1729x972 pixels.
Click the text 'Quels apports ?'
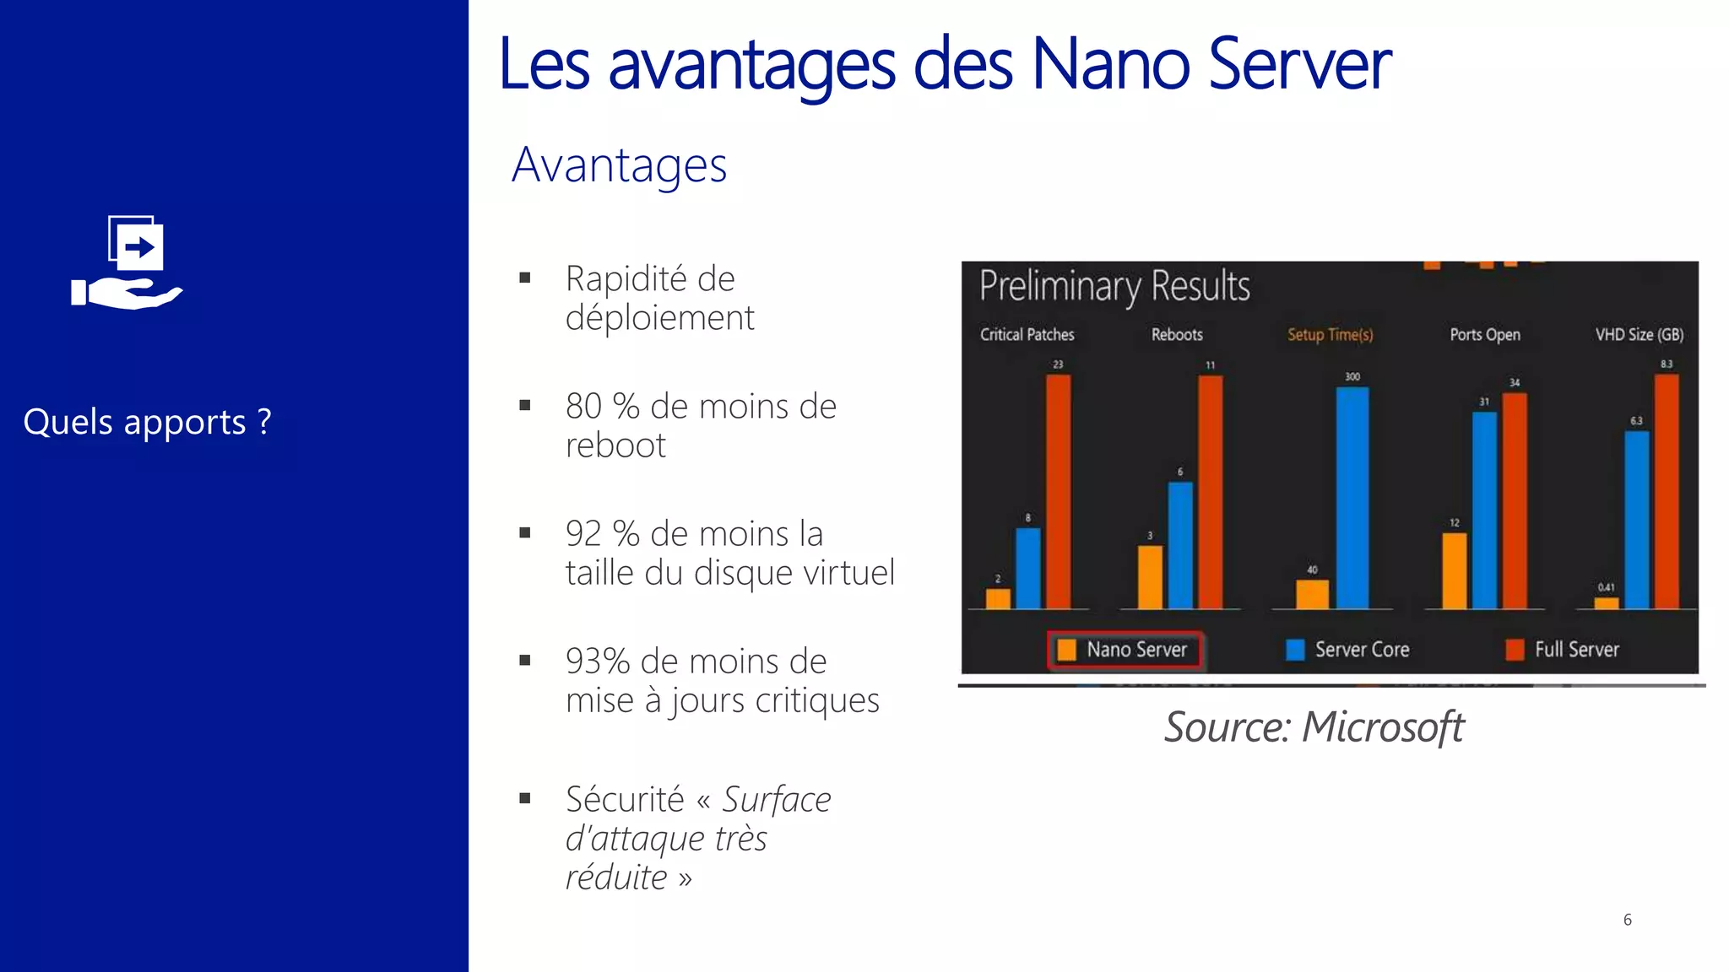coord(148,422)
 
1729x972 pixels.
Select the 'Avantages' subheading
coord(619,165)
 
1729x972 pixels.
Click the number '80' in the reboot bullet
coord(583,407)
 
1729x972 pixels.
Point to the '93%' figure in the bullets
coord(598,661)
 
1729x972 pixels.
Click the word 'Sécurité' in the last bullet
coord(625,800)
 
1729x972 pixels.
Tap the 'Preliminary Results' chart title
coord(1114,286)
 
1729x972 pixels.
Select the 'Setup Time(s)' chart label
coord(1330,335)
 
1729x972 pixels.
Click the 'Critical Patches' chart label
coord(1027,335)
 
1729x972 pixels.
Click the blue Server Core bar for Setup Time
coord(1352,498)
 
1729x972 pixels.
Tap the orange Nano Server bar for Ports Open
coord(1454,570)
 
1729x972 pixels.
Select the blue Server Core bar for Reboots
coord(1180,545)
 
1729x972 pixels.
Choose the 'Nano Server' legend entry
coord(1125,650)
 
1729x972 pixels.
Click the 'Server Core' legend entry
coord(1348,650)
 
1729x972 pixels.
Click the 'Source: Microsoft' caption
coord(1314,727)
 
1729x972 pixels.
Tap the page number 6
coord(1627,920)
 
